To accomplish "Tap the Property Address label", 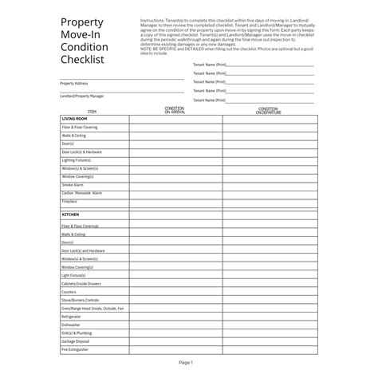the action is (x=73, y=83).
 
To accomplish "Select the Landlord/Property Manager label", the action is (x=81, y=96).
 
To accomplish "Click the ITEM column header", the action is (x=92, y=112).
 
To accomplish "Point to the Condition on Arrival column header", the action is (x=174, y=110).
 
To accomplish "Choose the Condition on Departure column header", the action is (x=268, y=110).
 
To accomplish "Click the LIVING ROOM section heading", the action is (x=74, y=118).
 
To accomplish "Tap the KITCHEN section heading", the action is (x=69, y=215).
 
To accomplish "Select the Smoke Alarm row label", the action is (x=73, y=185).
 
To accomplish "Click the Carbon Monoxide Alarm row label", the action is (x=81, y=193).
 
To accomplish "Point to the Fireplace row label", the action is (x=69, y=202).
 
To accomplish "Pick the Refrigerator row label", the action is (x=71, y=316).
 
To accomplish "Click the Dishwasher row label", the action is (x=70, y=325).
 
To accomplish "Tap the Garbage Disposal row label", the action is (x=76, y=341).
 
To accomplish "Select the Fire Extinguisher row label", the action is (x=75, y=349).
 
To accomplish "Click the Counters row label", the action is (x=69, y=291).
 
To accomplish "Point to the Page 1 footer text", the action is (x=186, y=362).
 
